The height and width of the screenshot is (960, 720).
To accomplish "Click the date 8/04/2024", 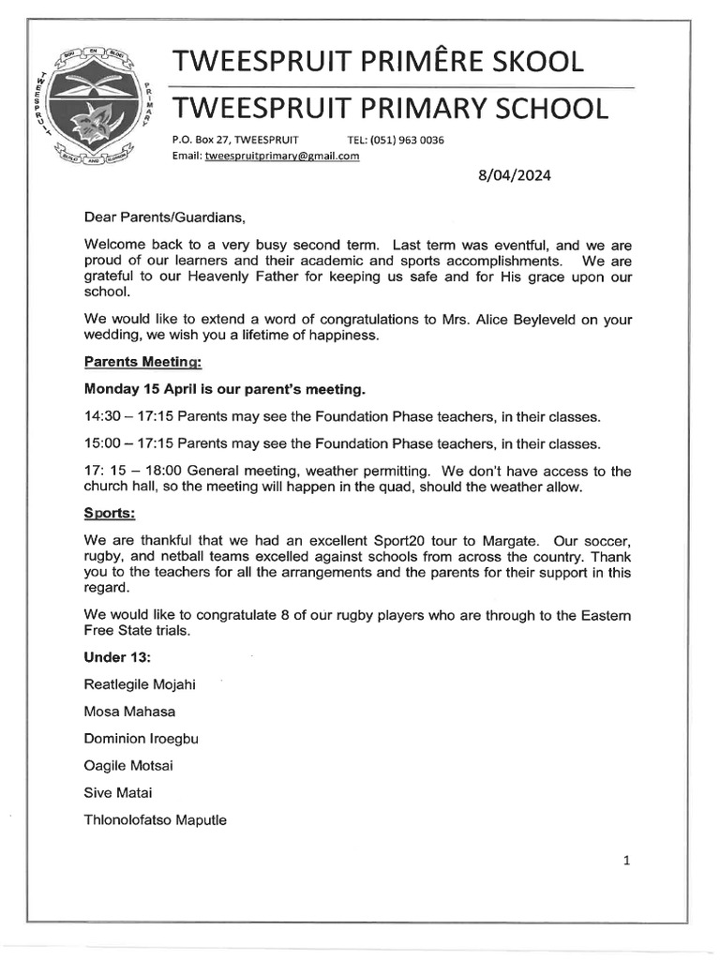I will tap(515, 175).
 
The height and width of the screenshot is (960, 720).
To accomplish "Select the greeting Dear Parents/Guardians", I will tap(164, 217).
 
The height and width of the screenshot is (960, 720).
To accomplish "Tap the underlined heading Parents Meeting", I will tap(142, 361).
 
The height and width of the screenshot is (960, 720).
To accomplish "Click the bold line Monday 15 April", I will tap(224, 388).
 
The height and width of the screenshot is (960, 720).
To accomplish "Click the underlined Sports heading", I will tap(110, 514).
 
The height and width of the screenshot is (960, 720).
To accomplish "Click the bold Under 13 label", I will tap(118, 656).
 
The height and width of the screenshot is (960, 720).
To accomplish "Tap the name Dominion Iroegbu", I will tap(141, 738).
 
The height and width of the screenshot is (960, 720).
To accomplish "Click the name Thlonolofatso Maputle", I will tap(155, 820).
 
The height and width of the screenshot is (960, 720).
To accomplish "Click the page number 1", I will tap(626, 861).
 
